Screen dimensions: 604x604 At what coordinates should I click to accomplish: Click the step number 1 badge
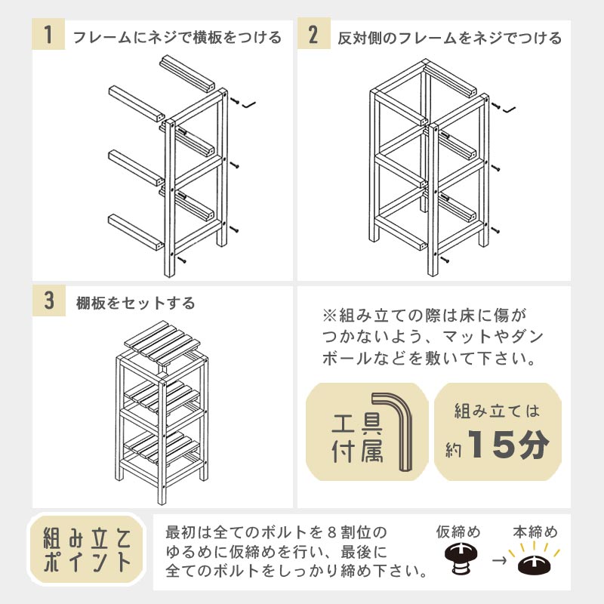click(x=48, y=34)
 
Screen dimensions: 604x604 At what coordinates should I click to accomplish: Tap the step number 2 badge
click(x=313, y=34)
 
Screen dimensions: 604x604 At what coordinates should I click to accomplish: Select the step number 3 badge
click(x=49, y=300)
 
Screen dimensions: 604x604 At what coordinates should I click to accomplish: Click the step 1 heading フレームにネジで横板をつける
click(x=177, y=38)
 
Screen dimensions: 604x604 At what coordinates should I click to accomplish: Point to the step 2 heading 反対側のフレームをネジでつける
click(x=449, y=39)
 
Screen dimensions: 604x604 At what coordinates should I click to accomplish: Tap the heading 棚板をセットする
click(x=136, y=304)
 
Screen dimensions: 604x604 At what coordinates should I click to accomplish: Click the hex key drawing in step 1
click(x=249, y=104)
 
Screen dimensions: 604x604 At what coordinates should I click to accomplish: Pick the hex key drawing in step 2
click(x=509, y=109)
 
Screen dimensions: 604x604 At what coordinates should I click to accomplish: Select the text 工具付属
click(x=357, y=438)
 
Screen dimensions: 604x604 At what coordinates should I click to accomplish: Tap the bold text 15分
click(x=508, y=444)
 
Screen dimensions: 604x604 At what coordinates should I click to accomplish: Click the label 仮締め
click(x=458, y=532)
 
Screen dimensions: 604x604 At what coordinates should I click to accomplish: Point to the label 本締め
click(x=535, y=532)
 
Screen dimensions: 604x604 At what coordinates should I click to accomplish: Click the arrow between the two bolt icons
click(x=499, y=559)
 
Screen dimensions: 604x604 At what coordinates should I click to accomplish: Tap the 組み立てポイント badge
click(x=87, y=550)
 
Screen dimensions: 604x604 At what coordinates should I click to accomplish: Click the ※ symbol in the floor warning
click(x=329, y=316)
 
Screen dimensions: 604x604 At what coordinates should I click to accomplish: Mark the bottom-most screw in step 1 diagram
click(x=182, y=259)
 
